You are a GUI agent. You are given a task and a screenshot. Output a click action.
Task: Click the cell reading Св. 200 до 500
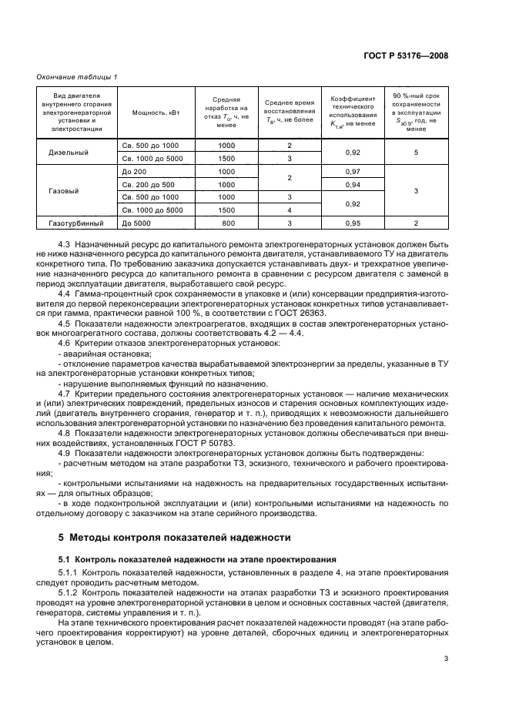(x=148, y=184)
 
